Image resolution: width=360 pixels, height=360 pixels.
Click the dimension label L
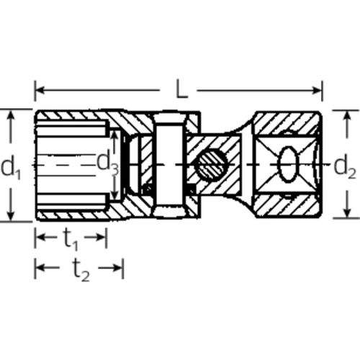click(181, 89)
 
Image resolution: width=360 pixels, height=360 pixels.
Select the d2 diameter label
click(345, 166)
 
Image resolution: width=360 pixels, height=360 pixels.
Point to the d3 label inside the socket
click(108, 163)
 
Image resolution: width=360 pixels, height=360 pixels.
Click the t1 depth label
click(71, 239)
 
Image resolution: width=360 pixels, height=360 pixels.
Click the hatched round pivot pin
click(212, 165)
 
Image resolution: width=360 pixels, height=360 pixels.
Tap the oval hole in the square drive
click(289, 165)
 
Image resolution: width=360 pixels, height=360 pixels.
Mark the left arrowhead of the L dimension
click(40, 91)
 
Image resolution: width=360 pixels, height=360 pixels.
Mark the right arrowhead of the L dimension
click(316, 91)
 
